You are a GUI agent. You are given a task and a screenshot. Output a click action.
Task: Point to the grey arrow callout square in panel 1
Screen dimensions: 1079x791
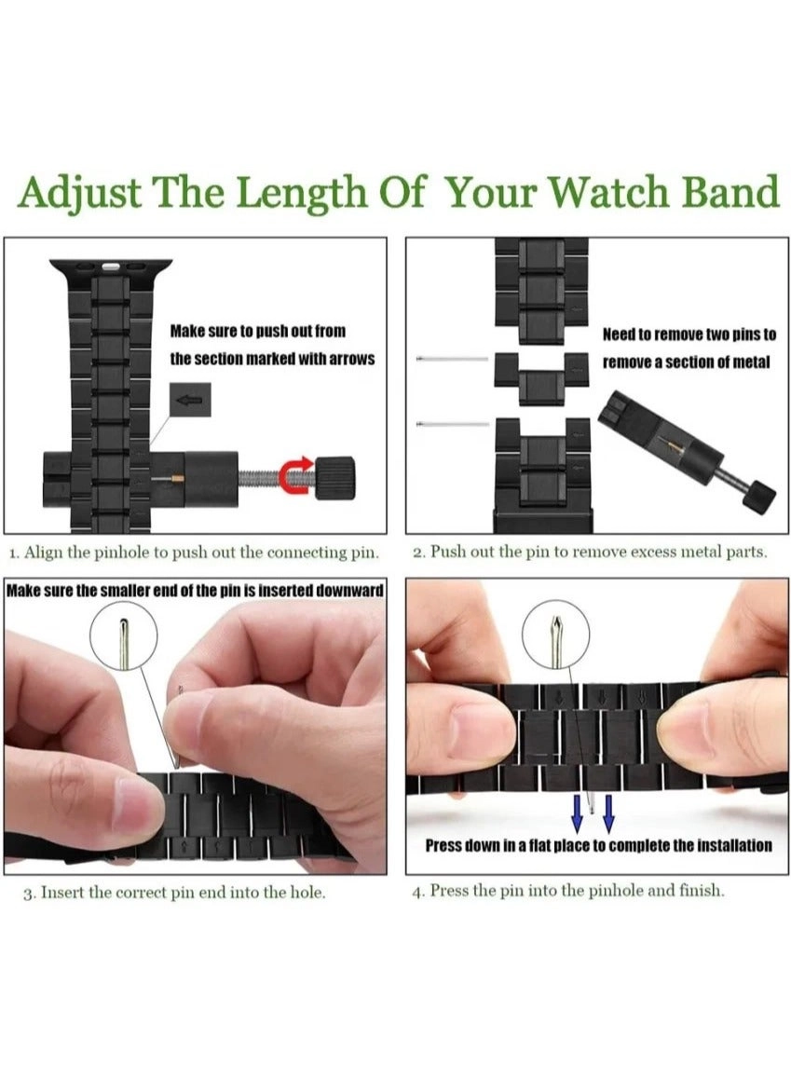pos(190,400)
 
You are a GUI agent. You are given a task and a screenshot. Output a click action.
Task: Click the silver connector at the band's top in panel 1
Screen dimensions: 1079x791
pos(109,266)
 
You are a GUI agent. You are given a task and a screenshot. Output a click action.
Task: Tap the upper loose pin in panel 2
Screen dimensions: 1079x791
pos(452,359)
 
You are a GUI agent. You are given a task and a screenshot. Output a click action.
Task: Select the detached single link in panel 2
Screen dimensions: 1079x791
pos(540,378)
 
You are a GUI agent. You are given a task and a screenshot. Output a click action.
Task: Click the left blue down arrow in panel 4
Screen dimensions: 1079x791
pos(578,813)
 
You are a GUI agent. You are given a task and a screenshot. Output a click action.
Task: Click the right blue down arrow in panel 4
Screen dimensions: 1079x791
pos(608,813)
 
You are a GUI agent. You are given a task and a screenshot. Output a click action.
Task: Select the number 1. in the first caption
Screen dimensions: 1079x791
pos(14,553)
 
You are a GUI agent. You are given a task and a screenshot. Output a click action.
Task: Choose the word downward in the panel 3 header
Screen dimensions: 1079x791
pos(342,591)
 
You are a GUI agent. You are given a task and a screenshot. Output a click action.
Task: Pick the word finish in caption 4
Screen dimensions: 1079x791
pos(699,891)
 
